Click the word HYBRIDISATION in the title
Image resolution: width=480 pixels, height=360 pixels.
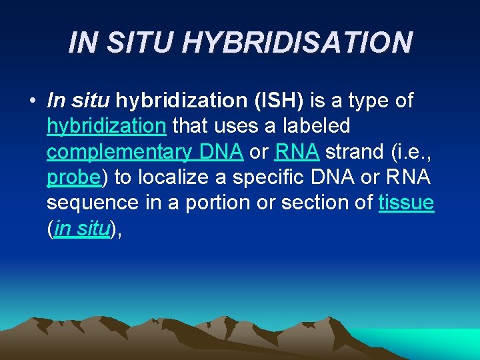(x=297, y=42)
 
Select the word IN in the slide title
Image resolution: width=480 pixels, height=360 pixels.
(x=83, y=42)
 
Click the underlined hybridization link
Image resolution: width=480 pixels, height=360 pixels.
(x=107, y=126)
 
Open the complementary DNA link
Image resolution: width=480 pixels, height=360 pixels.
(x=145, y=151)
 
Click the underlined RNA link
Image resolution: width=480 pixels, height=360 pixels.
(x=297, y=151)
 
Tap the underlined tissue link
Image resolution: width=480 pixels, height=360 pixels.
(x=406, y=202)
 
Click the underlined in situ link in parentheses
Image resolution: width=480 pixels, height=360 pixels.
(x=81, y=227)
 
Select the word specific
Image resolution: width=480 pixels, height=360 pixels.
(x=283, y=177)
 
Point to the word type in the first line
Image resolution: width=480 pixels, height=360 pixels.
(x=367, y=101)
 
